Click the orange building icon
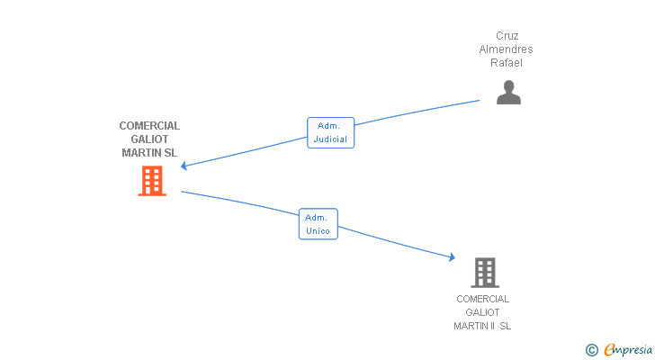coord(152,181)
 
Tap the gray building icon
coord(485,273)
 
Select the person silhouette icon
coord(508,93)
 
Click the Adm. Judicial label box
coord(330,133)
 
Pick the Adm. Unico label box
coord(318,224)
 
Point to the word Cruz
coord(507,36)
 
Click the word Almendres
coord(506,49)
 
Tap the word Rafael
coord(507,63)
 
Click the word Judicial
coord(330,139)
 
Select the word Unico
coord(318,231)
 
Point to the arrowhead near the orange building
coord(184,166)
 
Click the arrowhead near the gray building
coord(452,257)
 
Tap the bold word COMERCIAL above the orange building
coord(149,126)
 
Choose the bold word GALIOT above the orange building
coord(149,139)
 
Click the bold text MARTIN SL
coord(149,153)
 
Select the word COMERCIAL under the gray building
coord(482,299)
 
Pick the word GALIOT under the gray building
coord(482,312)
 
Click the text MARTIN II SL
coord(482,326)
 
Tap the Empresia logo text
coord(628,350)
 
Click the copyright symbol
coord(592,350)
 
